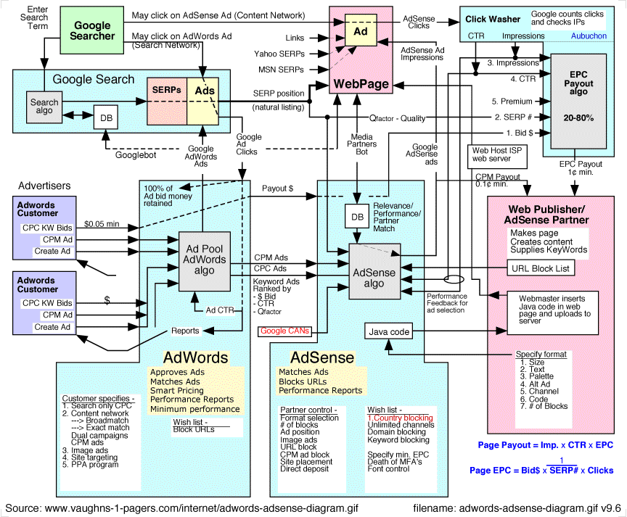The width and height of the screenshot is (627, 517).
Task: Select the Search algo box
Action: (44, 107)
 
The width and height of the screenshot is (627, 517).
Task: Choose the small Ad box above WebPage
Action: (361, 33)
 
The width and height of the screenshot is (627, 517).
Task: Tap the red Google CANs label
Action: (284, 331)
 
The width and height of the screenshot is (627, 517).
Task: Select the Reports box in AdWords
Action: (185, 331)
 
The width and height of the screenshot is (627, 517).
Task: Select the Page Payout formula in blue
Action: (544, 444)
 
